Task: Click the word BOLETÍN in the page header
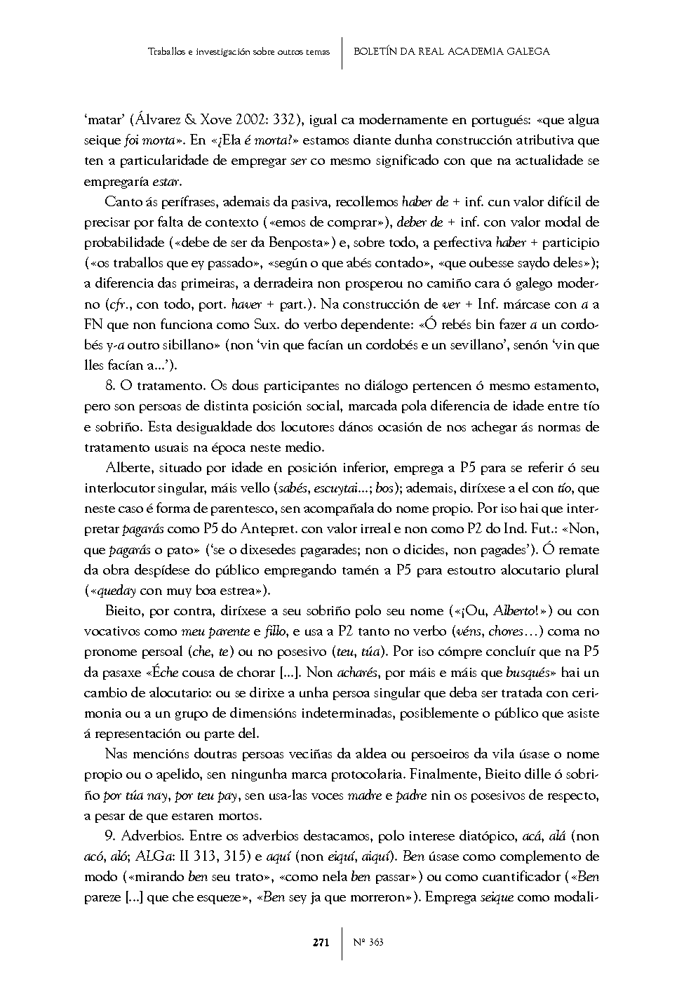tap(378, 51)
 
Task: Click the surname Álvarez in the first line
tap(156, 120)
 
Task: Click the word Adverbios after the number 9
tap(152, 836)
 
